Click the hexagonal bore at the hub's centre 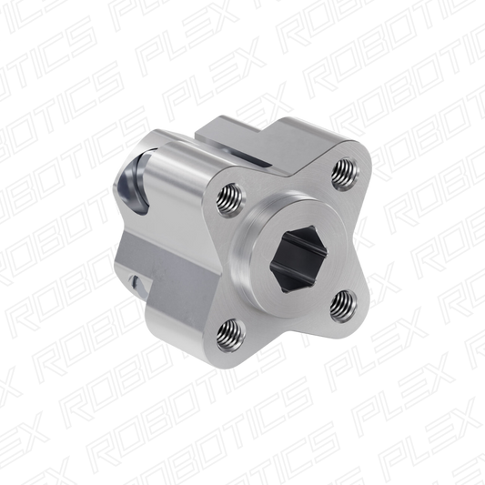coord(298,258)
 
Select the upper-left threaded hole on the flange coord(231,198)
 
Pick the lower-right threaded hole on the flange coord(343,306)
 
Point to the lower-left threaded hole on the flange coord(230,335)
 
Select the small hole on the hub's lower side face coord(135,282)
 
